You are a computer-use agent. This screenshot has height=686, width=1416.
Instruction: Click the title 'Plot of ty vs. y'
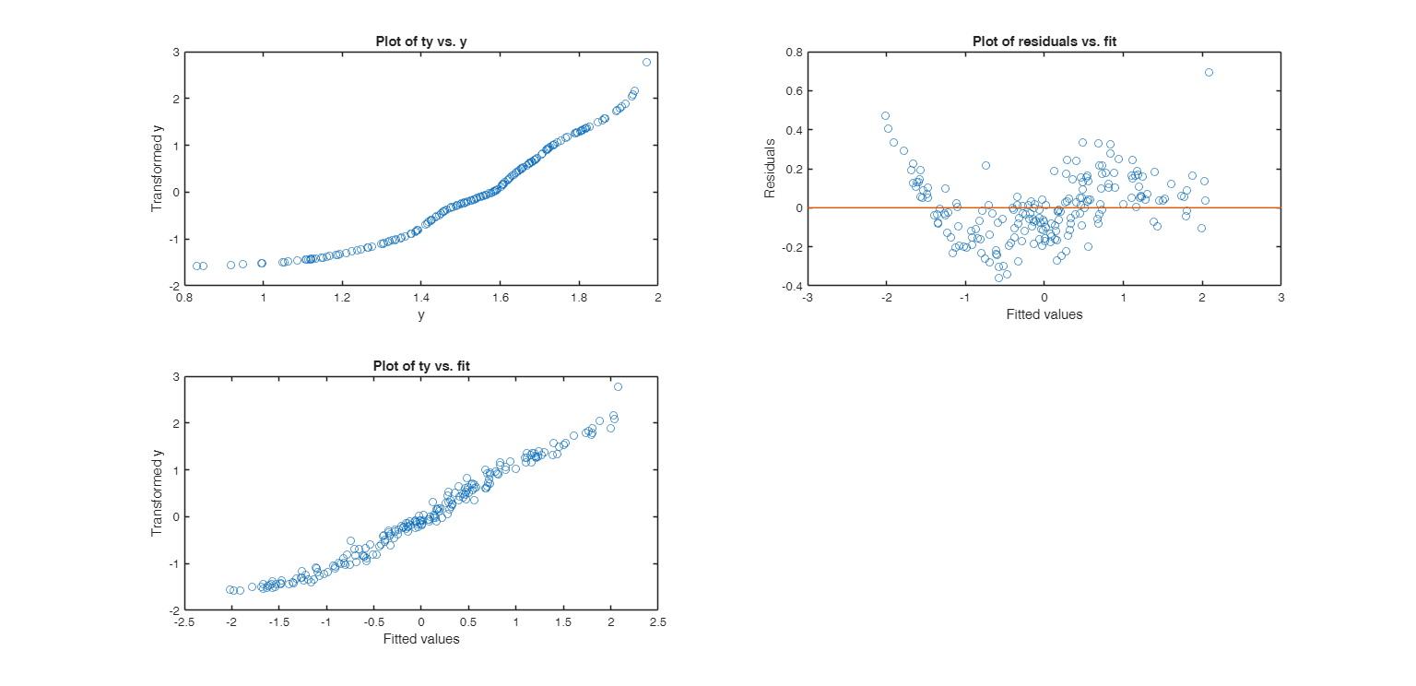420,41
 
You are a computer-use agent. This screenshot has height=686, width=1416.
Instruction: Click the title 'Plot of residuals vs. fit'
1044,41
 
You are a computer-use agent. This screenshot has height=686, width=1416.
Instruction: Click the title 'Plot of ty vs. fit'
420,365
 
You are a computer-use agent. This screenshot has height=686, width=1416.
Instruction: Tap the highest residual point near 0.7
1209,72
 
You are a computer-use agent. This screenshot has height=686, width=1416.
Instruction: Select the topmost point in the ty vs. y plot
646,62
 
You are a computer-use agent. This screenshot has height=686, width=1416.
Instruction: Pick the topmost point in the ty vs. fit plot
618,386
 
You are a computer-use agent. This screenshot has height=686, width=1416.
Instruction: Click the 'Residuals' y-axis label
769,169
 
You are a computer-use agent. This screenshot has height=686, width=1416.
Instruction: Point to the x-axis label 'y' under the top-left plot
420,314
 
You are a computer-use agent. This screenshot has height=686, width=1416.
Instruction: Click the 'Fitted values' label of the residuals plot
1044,314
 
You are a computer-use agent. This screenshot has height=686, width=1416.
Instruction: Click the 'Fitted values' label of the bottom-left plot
420,639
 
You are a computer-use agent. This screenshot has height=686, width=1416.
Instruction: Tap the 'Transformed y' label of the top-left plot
157,169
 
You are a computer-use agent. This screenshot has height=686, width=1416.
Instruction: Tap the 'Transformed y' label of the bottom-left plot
157,493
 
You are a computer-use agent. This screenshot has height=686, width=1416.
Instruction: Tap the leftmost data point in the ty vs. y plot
196,266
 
